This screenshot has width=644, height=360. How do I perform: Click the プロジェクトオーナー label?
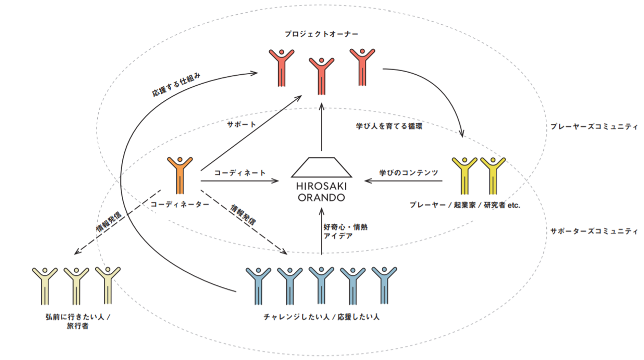tap(321, 34)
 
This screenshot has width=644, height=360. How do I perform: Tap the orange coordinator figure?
tap(180, 174)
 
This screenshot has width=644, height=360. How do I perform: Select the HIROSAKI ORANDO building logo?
tap(321, 179)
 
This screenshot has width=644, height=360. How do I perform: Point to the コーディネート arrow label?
tap(240, 172)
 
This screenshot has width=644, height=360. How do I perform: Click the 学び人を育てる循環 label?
tap(389, 126)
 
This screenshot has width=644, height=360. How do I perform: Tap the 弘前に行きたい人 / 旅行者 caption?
tap(77, 321)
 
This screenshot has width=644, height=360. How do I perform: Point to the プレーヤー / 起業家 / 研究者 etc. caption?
tap(464, 205)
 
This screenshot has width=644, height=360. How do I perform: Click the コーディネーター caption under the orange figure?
tap(180, 204)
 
